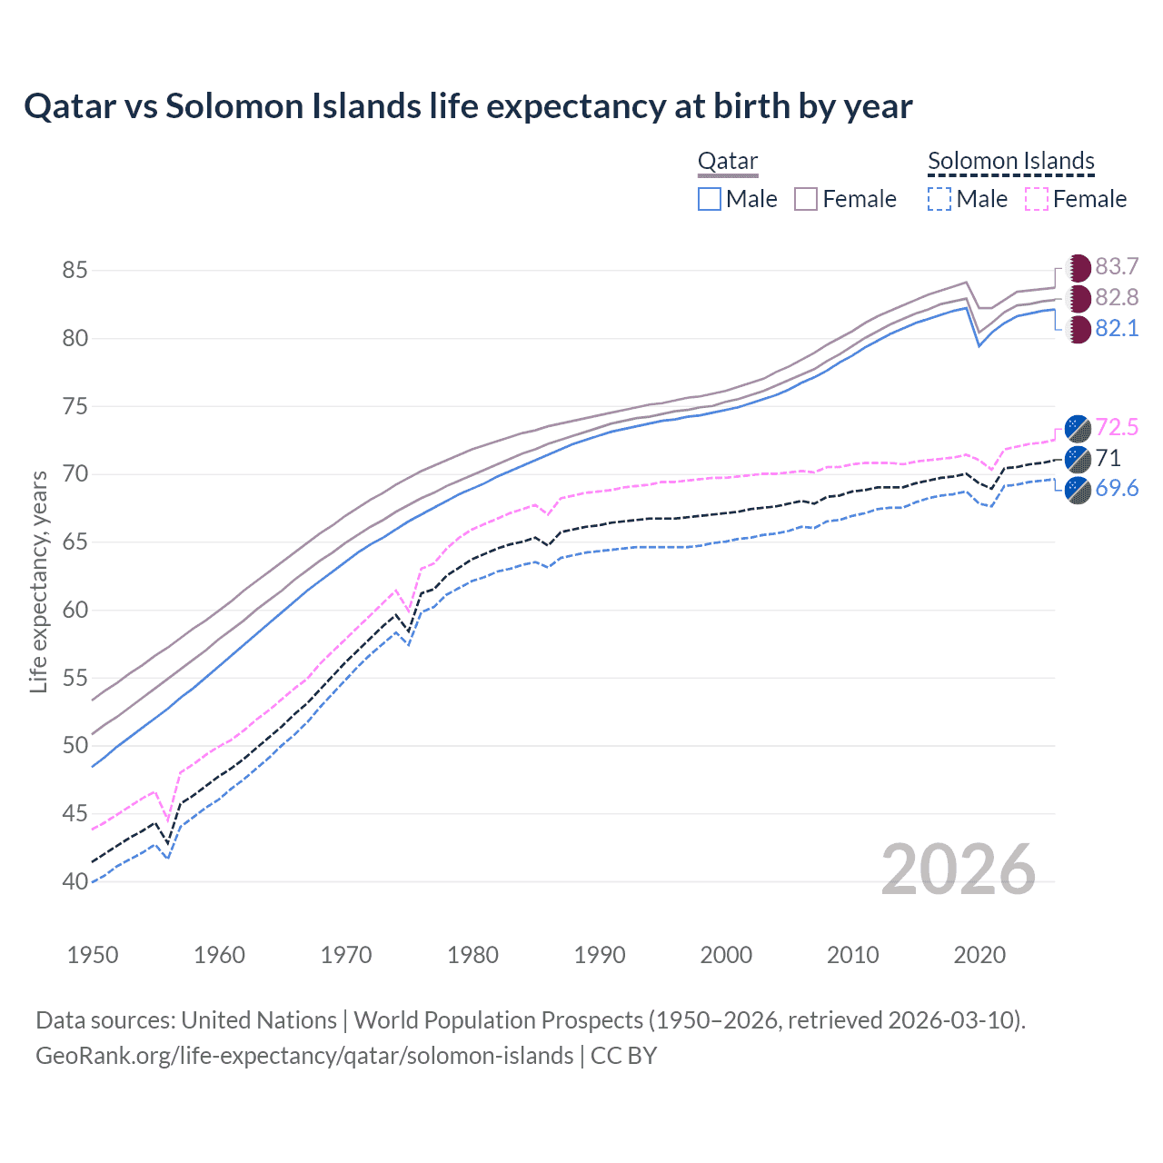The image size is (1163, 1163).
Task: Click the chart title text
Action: pyautogui.click(x=468, y=106)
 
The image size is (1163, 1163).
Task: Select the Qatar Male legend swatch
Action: pyautogui.click(x=710, y=199)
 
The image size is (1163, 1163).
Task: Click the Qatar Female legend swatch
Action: pyautogui.click(x=806, y=199)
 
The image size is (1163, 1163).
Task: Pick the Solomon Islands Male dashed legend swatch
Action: pyautogui.click(x=939, y=199)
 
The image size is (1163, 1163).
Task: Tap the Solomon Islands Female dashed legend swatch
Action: pyautogui.click(x=1037, y=199)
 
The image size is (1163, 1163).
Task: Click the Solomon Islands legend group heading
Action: pyautogui.click(x=1010, y=162)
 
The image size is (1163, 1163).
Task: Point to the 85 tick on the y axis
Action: pyautogui.click(x=75, y=271)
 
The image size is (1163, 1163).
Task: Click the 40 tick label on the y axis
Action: pyautogui.click(x=75, y=881)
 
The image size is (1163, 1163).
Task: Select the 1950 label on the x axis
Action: pyautogui.click(x=93, y=955)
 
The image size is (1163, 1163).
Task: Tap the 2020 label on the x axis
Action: pyautogui.click(x=979, y=955)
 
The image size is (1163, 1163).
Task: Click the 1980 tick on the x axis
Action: pyautogui.click(x=472, y=955)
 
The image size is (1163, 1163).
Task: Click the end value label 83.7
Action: pyautogui.click(x=1117, y=267)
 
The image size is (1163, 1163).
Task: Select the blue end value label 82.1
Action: pyautogui.click(x=1117, y=329)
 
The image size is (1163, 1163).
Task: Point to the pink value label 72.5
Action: pyautogui.click(x=1117, y=427)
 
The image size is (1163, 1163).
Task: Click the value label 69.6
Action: pyautogui.click(x=1117, y=489)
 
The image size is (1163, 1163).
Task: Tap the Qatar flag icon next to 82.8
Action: pyautogui.click(x=1079, y=298)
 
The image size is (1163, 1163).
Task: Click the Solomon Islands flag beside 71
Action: pyautogui.click(x=1078, y=458)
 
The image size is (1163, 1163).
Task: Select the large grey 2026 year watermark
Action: pyautogui.click(x=958, y=870)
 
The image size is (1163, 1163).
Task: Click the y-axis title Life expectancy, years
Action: pyautogui.click(x=38, y=581)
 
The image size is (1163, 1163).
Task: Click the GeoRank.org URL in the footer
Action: pyautogui.click(x=304, y=1056)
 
